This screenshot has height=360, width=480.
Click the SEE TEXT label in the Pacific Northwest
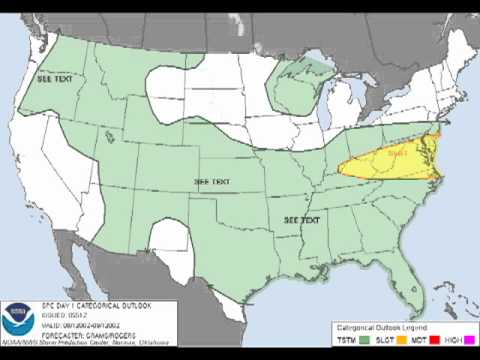coord(54,78)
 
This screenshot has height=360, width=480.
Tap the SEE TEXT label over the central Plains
coord(211,182)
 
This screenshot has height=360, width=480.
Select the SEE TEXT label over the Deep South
coord(302,219)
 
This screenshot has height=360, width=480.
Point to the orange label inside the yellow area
coord(397,154)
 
